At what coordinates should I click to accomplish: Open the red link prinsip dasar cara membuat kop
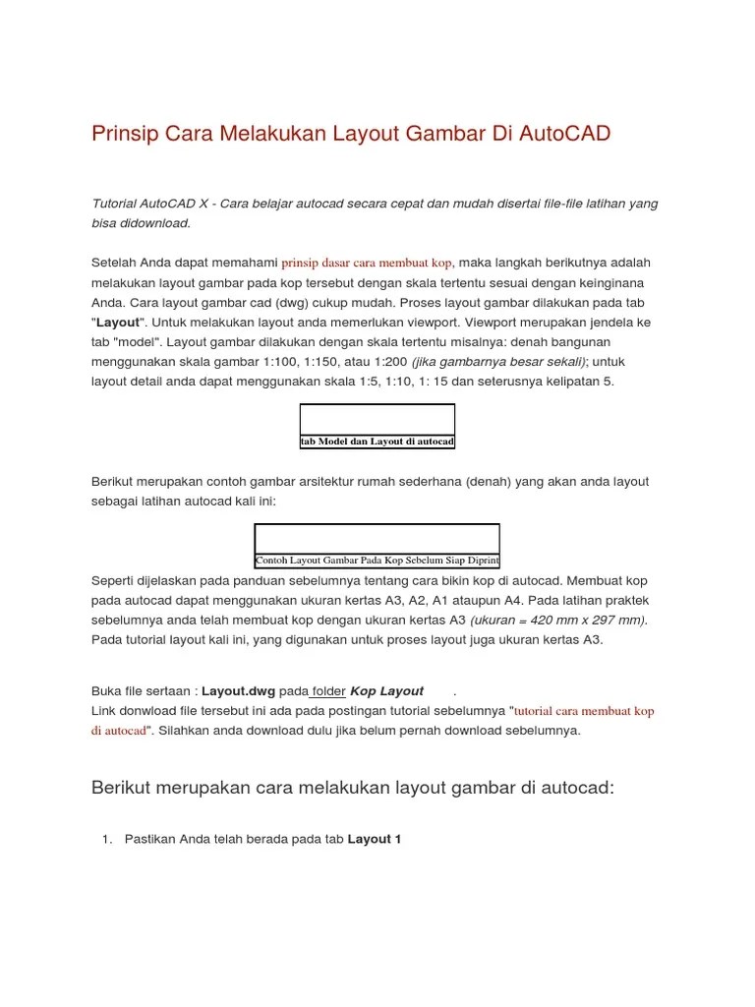[x=367, y=264]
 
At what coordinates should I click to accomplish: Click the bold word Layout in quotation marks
[x=118, y=323]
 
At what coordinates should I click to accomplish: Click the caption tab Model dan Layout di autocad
[x=377, y=443]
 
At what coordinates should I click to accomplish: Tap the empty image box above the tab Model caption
[x=377, y=419]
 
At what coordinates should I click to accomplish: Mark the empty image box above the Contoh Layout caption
[x=377, y=538]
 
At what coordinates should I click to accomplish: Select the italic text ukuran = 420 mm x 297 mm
[x=558, y=621]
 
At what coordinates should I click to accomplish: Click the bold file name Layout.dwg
[x=239, y=691]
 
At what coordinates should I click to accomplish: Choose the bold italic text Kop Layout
[x=387, y=691]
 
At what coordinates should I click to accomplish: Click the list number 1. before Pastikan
[x=107, y=839]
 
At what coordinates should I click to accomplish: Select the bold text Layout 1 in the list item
[x=375, y=839]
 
